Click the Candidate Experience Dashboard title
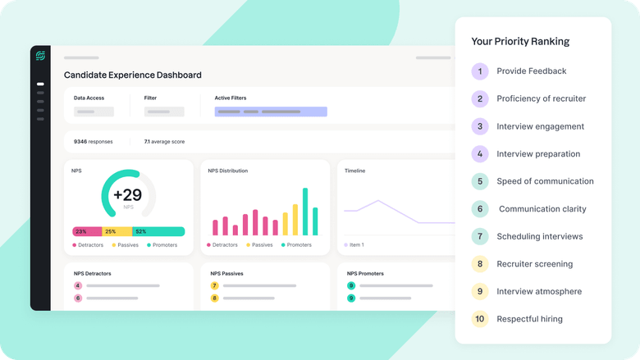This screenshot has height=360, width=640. pos(132,75)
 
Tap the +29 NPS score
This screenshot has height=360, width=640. pos(128,195)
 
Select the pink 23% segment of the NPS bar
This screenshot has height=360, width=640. pos(86,232)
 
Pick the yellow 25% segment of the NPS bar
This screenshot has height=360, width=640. pos(117,232)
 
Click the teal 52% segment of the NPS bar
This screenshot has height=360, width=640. pos(158,232)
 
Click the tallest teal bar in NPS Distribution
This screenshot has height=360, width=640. pos(305,212)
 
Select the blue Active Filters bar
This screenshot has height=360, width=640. pos(271,112)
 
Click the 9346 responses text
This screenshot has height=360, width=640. pos(93,142)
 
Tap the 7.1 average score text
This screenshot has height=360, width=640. pos(164,142)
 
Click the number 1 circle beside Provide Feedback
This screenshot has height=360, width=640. pos(480,71)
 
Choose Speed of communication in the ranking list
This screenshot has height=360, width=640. pos(545,181)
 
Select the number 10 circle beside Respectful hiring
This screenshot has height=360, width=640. pos(480,319)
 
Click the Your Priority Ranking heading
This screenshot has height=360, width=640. pos(520,41)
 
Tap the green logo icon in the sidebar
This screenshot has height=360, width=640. pos(40,56)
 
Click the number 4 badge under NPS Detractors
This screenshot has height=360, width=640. pos(78,285)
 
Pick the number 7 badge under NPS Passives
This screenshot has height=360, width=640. pos(214,285)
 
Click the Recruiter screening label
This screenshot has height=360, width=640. pos(534,264)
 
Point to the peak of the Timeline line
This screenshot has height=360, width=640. pos(378,201)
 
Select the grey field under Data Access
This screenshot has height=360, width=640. pos(94,112)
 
